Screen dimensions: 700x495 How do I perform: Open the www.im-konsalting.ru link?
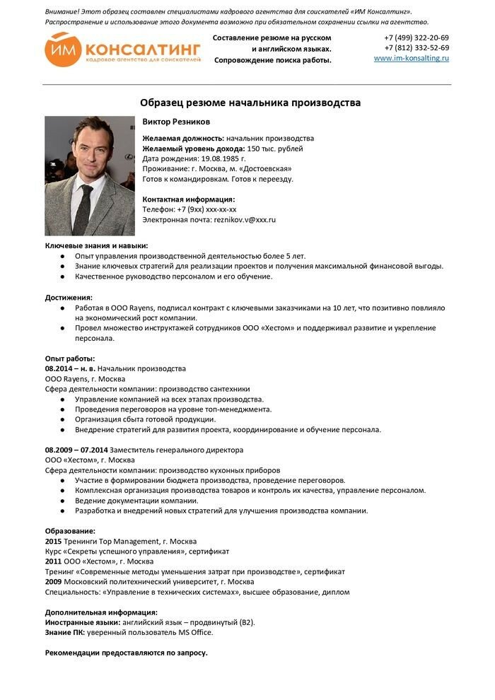[x=411, y=58]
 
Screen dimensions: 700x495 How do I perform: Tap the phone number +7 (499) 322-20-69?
[x=417, y=37]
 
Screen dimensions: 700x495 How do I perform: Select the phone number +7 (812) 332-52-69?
[x=417, y=47]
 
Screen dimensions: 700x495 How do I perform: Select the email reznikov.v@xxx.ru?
[x=245, y=220]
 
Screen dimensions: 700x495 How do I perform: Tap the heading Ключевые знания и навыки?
[x=92, y=245]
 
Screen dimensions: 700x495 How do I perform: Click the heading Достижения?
[x=69, y=297]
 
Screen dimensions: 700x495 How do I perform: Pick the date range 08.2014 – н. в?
[x=70, y=368]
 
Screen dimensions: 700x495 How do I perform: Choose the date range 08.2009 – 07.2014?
[x=76, y=450]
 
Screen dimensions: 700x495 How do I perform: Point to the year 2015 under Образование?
[x=53, y=541]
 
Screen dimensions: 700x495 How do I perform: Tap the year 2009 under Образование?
[x=53, y=582]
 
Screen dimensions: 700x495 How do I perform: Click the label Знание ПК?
[x=64, y=632]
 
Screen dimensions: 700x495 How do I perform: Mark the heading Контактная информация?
[x=189, y=199]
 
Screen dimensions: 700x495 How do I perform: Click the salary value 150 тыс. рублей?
[x=275, y=148]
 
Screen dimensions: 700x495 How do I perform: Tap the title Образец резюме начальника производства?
[x=250, y=103]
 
